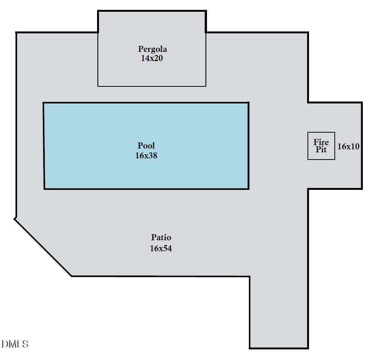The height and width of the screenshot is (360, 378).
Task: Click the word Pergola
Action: coord(152,49)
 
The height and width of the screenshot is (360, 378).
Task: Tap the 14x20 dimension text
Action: coord(152,58)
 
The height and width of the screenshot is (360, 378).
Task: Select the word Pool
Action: coord(146,146)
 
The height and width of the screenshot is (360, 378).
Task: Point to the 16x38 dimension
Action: coord(146,156)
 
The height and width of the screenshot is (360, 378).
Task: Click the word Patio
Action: coord(161,237)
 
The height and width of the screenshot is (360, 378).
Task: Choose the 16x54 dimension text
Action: coord(161,249)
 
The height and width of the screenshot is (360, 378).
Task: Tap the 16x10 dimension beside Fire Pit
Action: coord(348,146)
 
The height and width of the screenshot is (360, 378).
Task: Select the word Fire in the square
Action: coord(321,142)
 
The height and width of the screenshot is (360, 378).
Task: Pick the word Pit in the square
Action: coord(321,149)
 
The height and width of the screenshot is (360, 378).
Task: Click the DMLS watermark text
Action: coord(15,344)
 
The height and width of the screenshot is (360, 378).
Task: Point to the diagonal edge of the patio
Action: coord(43,247)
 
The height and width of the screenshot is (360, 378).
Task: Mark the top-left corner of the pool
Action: coord(44,103)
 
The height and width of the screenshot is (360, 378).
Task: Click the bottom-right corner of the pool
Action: coord(249,189)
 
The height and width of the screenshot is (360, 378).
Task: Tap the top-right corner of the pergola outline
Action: coord(206,11)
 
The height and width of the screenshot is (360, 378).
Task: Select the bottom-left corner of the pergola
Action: coord(98,86)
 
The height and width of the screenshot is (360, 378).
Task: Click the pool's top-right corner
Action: coord(249,103)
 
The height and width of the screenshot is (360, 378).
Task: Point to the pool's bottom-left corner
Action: coord(44,189)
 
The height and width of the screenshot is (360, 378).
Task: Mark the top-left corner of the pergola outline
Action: coord(98,11)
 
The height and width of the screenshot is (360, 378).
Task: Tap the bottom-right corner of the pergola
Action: coord(206,86)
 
